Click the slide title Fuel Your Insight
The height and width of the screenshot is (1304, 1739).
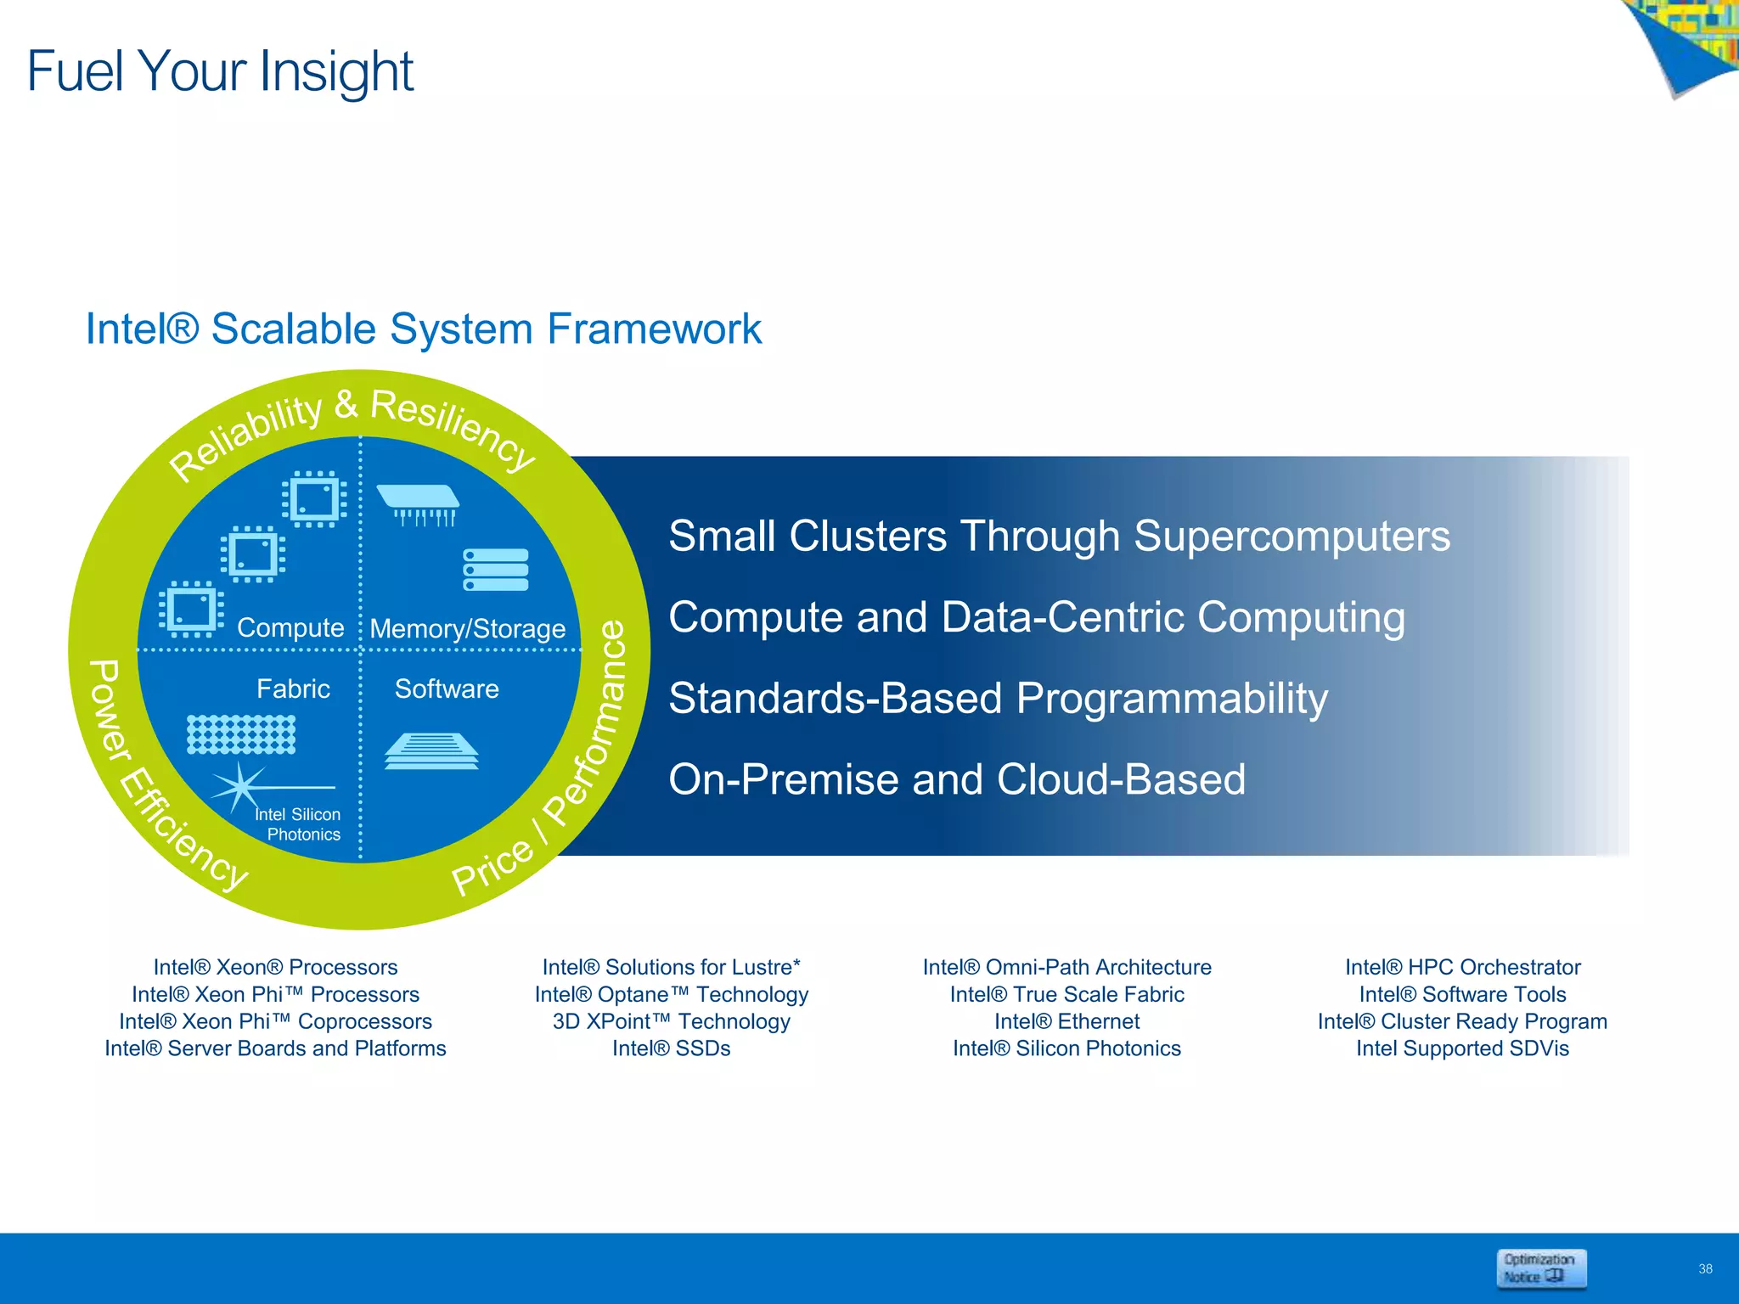(x=220, y=71)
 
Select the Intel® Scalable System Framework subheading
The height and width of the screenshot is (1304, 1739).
(x=423, y=329)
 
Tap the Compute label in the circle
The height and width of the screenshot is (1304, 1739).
(x=290, y=627)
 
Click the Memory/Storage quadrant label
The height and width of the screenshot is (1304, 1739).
(x=468, y=628)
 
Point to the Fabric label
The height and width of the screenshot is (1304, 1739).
(x=293, y=689)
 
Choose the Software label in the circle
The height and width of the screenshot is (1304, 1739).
(x=447, y=689)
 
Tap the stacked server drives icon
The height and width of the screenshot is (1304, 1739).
(x=496, y=570)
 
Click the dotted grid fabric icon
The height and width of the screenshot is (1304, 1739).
(x=241, y=734)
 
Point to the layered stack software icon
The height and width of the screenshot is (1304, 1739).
(x=431, y=751)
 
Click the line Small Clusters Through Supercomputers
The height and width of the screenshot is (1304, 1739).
(x=1059, y=537)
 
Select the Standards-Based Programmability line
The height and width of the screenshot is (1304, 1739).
(x=998, y=699)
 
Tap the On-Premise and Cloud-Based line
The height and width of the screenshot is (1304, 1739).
(x=957, y=779)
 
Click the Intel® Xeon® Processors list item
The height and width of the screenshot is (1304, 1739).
(x=275, y=967)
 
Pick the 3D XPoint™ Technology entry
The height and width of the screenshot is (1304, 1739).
(x=671, y=1021)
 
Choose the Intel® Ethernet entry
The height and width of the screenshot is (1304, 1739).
(x=1066, y=1021)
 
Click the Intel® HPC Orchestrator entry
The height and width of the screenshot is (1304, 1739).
(x=1462, y=967)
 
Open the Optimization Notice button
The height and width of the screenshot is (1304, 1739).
(x=1540, y=1268)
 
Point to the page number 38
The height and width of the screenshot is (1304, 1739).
(x=1705, y=1269)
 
